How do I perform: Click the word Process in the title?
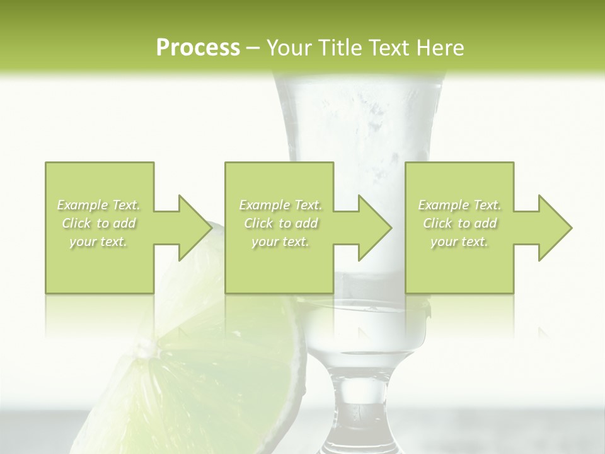[198, 48]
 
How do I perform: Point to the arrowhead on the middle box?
[374, 228]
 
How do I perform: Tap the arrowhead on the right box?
[555, 228]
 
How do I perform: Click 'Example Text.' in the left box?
[99, 205]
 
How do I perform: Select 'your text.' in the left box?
[99, 242]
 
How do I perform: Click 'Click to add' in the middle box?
[280, 223]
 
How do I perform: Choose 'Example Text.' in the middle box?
[280, 205]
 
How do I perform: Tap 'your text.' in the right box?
[459, 242]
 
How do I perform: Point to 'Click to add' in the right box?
[459, 223]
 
